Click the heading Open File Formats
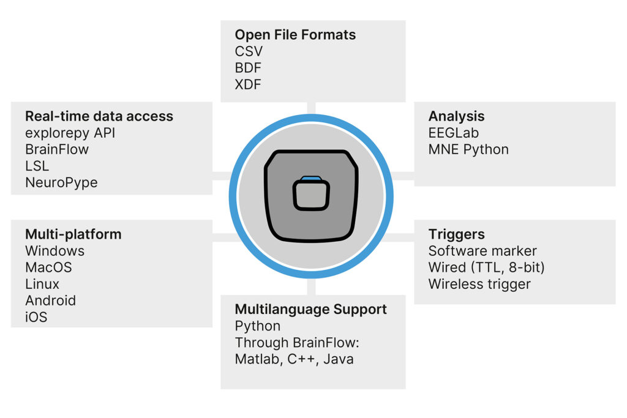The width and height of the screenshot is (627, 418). (295, 35)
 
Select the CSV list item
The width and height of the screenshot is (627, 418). (249, 51)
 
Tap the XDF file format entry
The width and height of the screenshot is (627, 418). (248, 84)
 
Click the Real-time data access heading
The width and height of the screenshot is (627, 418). (99, 116)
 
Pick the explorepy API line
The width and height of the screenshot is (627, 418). (70, 133)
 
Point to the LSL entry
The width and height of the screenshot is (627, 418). (37, 166)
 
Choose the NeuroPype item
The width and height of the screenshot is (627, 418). (61, 182)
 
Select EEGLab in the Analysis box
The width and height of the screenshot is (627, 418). (453, 133)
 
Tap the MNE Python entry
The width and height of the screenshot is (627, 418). (468, 149)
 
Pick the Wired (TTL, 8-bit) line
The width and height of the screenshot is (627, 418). (486, 267)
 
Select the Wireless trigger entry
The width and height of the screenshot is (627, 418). (479, 284)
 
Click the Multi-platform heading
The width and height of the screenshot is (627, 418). (73, 234)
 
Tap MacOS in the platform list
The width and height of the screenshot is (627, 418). (48, 267)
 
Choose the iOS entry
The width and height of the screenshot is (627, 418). (36, 317)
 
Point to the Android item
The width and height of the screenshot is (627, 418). (50, 300)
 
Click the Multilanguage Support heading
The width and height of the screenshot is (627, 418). (311, 309)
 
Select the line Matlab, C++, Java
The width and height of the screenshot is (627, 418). (294, 359)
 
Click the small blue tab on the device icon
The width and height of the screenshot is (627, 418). (311, 178)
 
